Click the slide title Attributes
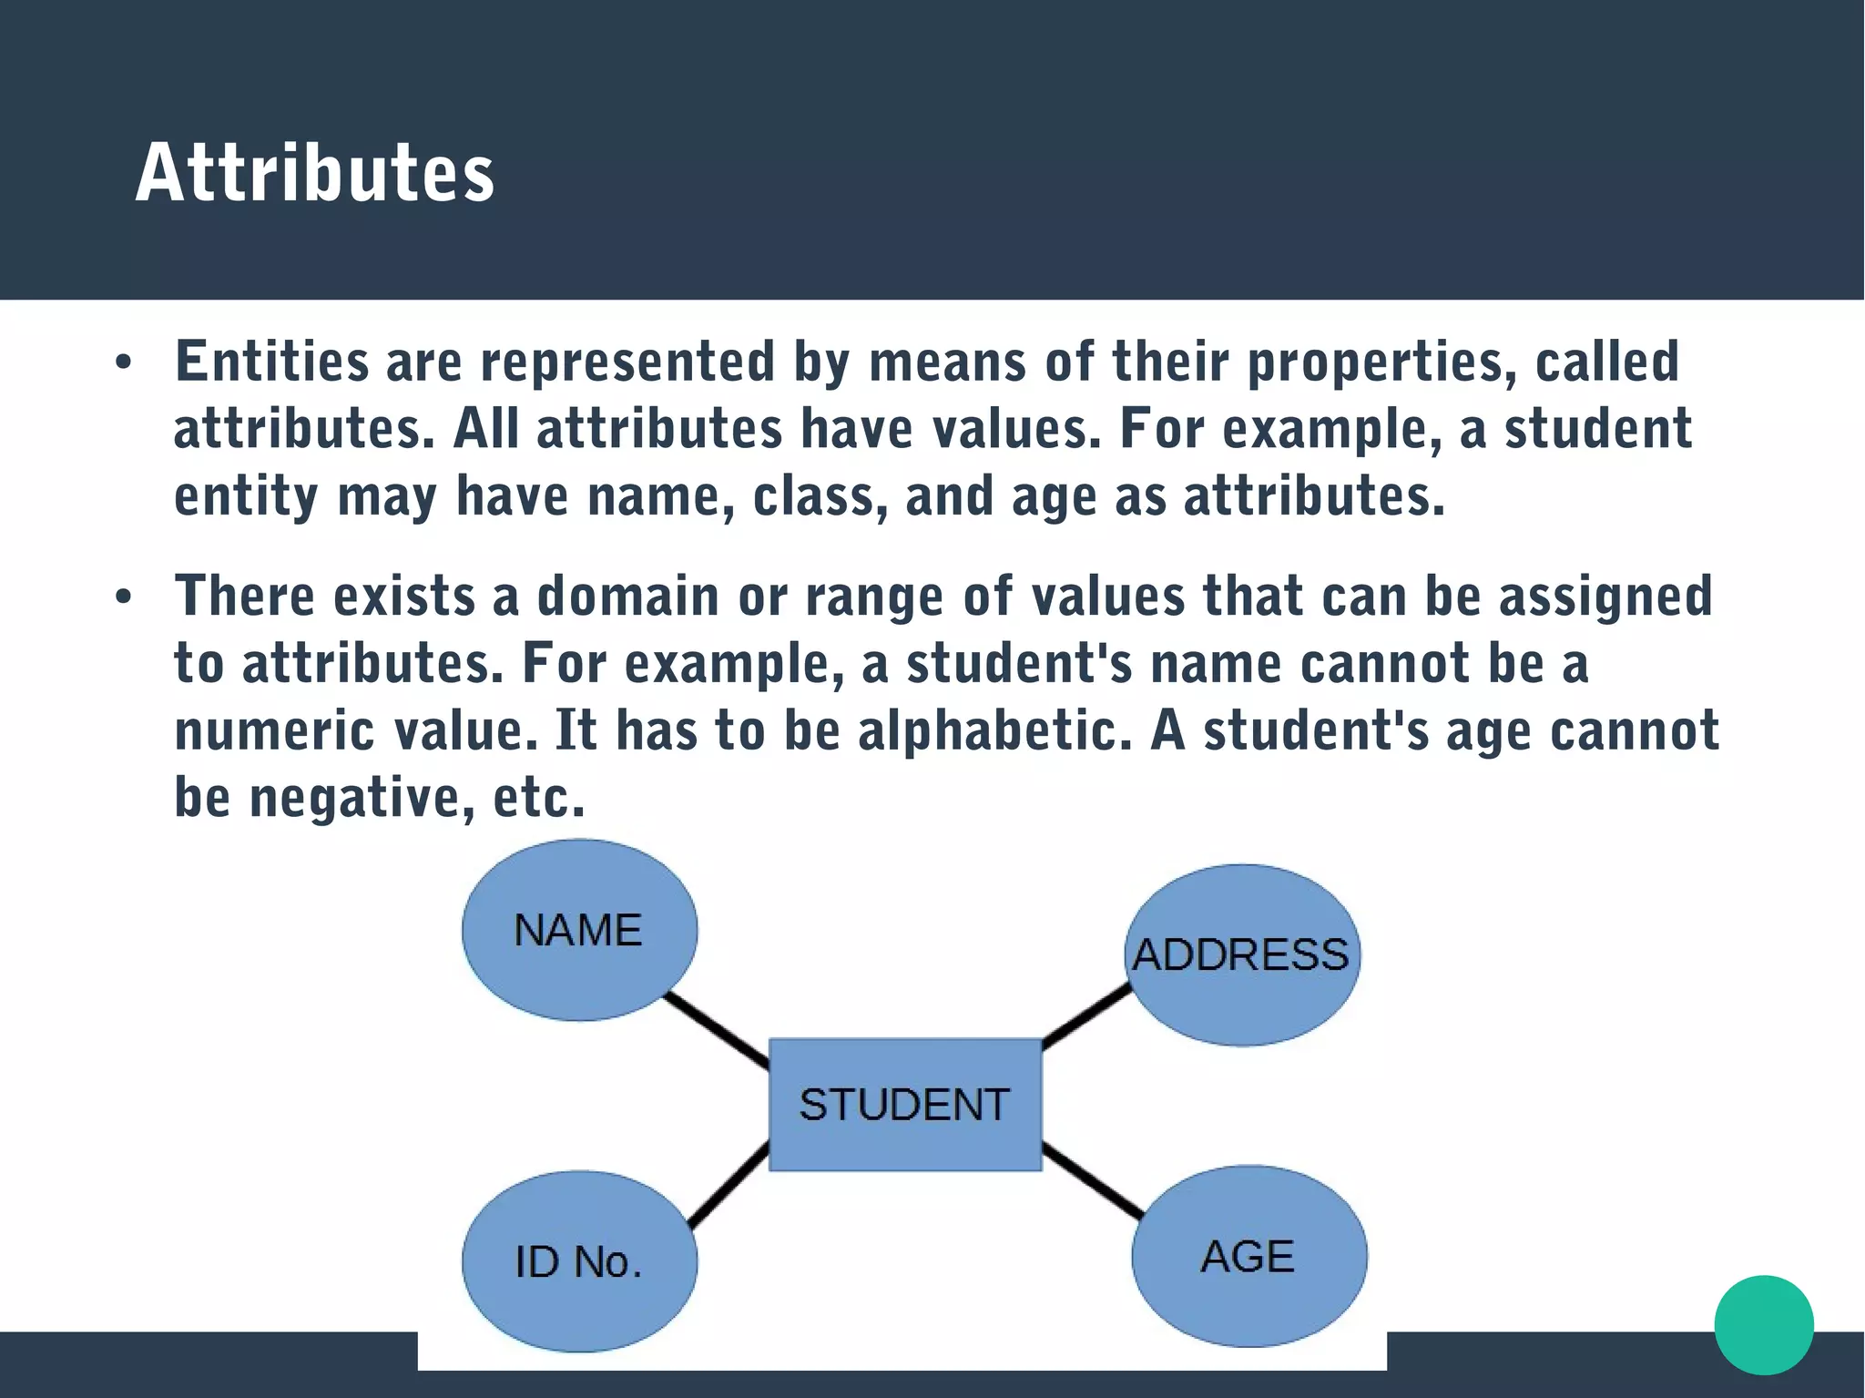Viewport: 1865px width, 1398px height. coord(314,172)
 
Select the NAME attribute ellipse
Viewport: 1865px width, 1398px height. coord(579,930)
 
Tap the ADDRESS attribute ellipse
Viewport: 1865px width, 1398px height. coord(1241,954)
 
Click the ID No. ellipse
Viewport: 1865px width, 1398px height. coord(579,1261)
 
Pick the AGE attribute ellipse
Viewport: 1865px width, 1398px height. coord(1248,1256)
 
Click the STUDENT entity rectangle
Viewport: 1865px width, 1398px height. coord(904,1104)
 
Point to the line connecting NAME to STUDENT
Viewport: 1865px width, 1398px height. coord(716,1030)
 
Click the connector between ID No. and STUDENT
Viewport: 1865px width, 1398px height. coord(729,1185)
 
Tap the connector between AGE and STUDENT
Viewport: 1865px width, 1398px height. coord(1092,1180)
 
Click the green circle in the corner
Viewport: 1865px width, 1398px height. coord(1763,1324)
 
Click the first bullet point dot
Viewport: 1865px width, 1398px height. coord(124,363)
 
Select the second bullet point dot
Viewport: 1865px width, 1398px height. coord(124,597)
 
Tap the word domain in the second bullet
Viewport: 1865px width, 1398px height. coord(628,597)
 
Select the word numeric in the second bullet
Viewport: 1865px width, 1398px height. coord(274,731)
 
